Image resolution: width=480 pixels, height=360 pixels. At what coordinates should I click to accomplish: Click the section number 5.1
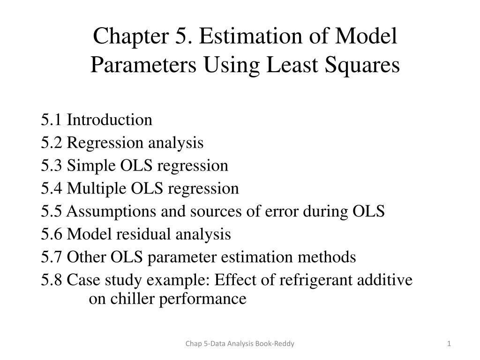click(52, 120)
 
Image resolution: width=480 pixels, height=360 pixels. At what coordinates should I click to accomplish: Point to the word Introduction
click(110, 120)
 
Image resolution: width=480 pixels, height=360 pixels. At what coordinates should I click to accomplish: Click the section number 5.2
click(52, 142)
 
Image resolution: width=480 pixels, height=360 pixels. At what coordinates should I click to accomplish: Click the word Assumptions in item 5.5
click(112, 211)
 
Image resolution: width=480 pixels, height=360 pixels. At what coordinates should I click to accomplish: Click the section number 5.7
click(52, 257)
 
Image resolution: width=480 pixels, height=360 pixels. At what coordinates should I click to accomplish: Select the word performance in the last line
click(203, 299)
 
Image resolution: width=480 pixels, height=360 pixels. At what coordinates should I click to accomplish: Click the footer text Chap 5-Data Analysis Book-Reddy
click(240, 344)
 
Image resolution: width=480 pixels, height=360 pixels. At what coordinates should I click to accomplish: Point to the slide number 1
click(449, 344)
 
